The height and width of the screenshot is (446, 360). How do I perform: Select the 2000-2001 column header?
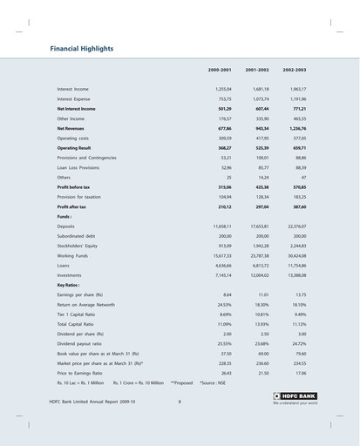tap(220, 69)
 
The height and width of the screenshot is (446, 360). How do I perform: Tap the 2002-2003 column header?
tap(294, 69)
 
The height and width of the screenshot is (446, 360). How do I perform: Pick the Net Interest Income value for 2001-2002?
tap(259, 108)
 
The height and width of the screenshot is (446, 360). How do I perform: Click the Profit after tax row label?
tap(73, 206)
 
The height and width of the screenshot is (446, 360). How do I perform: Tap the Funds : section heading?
tap(65, 216)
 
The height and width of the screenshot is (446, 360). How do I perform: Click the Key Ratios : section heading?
tap(69, 285)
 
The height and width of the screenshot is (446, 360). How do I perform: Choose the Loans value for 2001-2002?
tap(259, 265)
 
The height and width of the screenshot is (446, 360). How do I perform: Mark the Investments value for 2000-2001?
tap(221, 274)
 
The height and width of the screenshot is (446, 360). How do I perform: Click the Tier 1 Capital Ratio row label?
tap(81, 314)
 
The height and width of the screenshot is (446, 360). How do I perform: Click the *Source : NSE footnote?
tap(214, 382)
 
